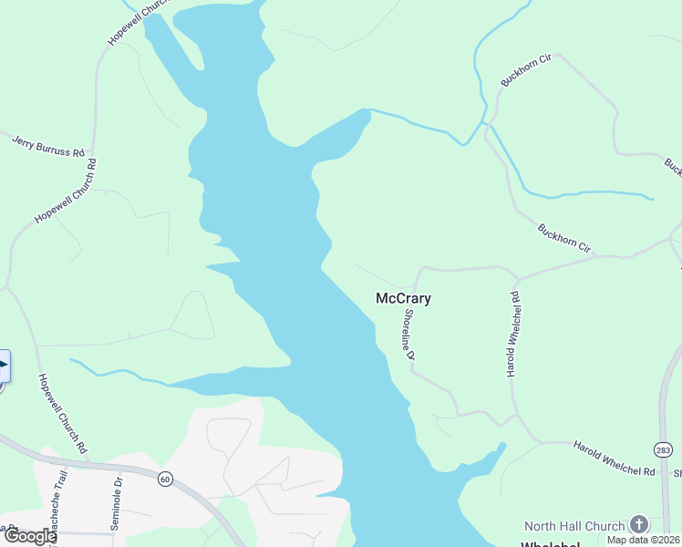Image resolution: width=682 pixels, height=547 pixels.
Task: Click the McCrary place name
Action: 403,298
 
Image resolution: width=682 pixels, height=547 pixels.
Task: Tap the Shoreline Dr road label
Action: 409,334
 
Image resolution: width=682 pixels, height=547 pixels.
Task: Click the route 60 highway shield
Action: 164,479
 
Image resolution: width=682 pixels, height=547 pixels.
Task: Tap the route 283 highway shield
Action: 662,449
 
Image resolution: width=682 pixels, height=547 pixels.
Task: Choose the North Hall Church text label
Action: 574,526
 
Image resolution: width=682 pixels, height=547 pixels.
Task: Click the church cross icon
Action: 639,524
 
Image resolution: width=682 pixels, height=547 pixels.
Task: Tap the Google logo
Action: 29,536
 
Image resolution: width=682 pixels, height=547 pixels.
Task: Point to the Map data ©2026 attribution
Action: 644,540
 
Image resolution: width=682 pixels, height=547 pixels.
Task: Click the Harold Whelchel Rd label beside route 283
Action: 615,459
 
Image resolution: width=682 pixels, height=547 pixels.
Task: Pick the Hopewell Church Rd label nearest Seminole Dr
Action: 62,414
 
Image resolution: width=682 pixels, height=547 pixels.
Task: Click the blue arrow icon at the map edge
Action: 3,366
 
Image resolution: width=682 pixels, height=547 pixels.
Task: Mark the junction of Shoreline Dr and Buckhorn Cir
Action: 422,270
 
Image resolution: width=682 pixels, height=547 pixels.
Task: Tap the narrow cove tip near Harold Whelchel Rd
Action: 501,446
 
